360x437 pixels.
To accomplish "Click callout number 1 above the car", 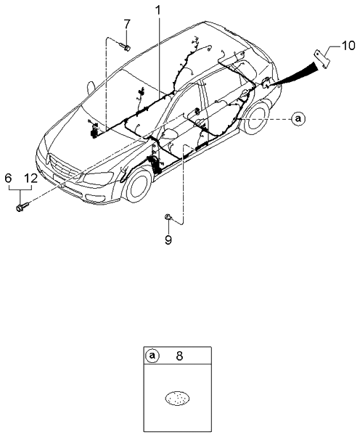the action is click(158, 11).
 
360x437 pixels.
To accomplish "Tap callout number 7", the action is click(127, 25).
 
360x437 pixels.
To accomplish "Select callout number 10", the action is click(348, 46).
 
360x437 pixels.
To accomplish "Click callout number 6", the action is click(9, 178).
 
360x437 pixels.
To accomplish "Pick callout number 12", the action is click(30, 178).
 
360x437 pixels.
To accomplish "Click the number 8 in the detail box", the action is click(179, 356).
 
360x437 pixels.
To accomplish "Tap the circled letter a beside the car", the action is click(298, 119).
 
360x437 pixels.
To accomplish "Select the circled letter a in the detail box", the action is click(152, 356).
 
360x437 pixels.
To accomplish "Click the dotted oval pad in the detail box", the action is click(178, 398).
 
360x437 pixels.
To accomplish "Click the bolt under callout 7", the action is click(125, 46).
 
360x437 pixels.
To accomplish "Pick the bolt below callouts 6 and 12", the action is click(22, 207).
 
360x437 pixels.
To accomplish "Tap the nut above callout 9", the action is click(168, 217).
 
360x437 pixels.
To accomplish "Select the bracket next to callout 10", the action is click(322, 59).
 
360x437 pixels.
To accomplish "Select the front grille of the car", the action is click(62, 166).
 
